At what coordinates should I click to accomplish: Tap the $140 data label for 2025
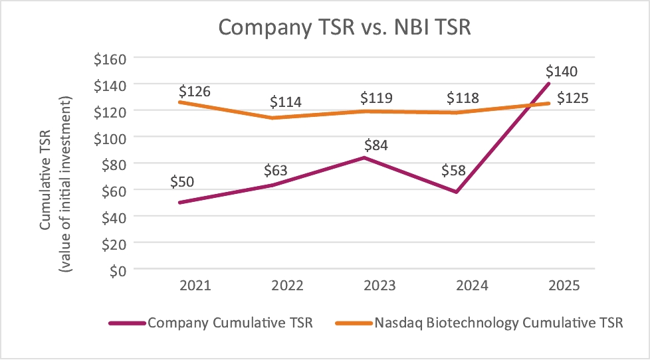click(561, 71)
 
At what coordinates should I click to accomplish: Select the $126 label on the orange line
click(194, 90)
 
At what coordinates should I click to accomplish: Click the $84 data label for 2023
click(377, 144)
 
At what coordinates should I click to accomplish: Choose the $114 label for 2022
click(286, 102)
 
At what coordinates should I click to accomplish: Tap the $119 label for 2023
click(376, 98)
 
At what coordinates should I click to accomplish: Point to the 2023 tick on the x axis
click(379, 286)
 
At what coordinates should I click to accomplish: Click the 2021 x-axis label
click(195, 286)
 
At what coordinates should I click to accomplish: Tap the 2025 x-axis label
click(565, 286)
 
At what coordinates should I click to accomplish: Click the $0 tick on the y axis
click(116, 270)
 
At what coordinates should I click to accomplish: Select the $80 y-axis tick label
click(114, 163)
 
